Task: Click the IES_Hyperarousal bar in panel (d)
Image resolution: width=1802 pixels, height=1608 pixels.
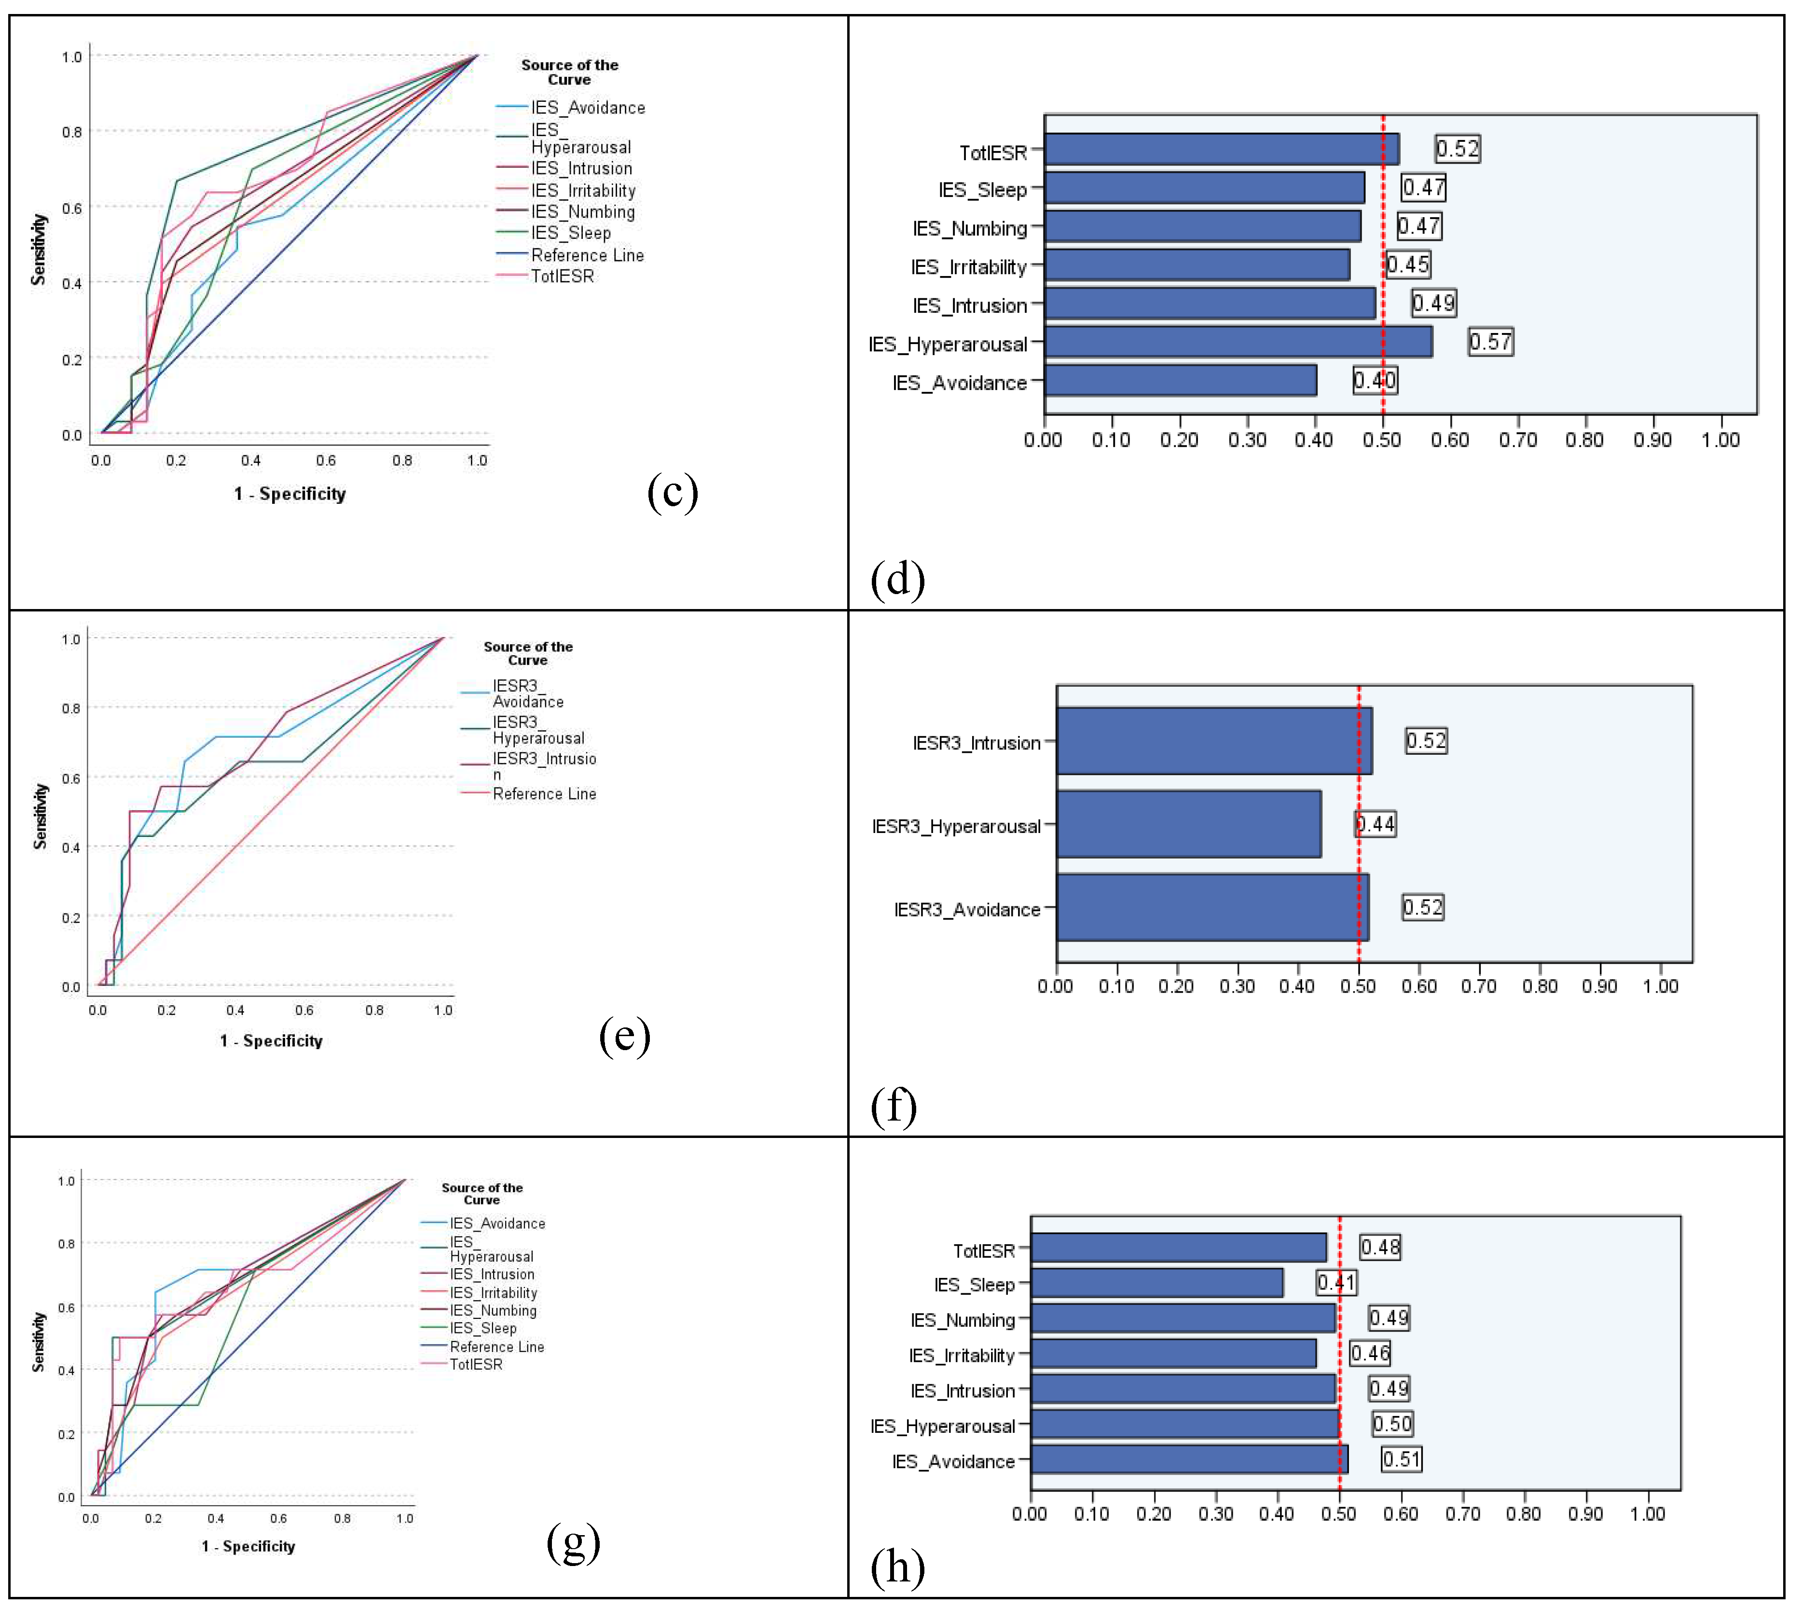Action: [x=1237, y=342]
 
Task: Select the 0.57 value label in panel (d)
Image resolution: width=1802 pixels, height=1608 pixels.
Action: [x=1490, y=342]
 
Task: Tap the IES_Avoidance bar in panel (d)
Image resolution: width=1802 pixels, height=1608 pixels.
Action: [x=1179, y=381]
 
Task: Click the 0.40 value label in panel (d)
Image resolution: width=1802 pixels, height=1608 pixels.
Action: [x=1375, y=381]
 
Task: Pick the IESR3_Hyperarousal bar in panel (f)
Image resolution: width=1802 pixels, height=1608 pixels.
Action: [x=1188, y=824]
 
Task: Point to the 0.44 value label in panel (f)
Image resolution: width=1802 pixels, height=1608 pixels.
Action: [x=1376, y=824]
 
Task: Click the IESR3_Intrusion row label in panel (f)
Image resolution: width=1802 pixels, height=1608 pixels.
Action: [x=976, y=743]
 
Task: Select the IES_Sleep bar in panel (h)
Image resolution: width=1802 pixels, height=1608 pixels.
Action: [x=1156, y=1283]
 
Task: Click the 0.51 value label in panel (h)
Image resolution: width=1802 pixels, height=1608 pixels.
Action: [x=1401, y=1459]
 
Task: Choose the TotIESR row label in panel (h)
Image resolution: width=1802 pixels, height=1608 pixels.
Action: [x=983, y=1251]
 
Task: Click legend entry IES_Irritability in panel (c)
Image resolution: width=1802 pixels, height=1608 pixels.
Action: [x=583, y=190]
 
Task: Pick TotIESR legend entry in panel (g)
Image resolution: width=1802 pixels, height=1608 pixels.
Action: [x=476, y=1364]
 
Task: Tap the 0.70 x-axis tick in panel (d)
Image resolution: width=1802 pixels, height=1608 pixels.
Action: [x=1517, y=440]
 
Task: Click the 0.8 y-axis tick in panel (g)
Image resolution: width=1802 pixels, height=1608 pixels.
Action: [x=66, y=1244]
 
